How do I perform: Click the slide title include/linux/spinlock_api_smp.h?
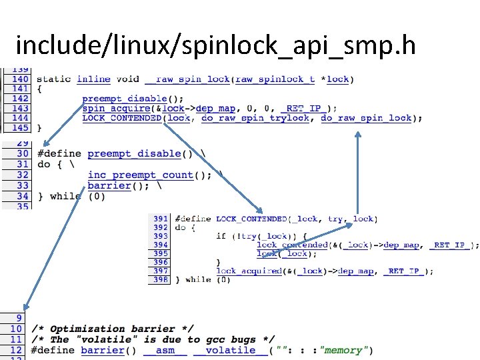pyautogui.click(x=215, y=45)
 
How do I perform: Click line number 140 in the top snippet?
pyautogui.click(x=20, y=79)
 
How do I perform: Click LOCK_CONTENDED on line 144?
pyautogui.click(x=121, y=118)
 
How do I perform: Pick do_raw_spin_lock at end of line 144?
pyautogui.click(x=366, y=118)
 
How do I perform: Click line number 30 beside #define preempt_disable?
pyautogui.click(x=23, y=153)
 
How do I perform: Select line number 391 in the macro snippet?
pyautogui.click(x=160, y=219)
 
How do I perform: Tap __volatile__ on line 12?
pyautogui.click(x=225, y=350)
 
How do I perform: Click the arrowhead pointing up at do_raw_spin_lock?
pyautogui.click(x=358, y=133)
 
